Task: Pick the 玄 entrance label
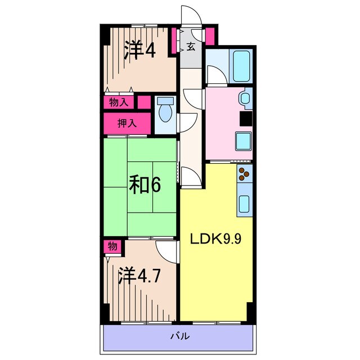click(191, 47)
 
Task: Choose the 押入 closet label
click(127, 123)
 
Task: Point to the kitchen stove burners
click(244, 174)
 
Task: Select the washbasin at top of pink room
click(246, 99)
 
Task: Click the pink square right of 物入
click(144, 103)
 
